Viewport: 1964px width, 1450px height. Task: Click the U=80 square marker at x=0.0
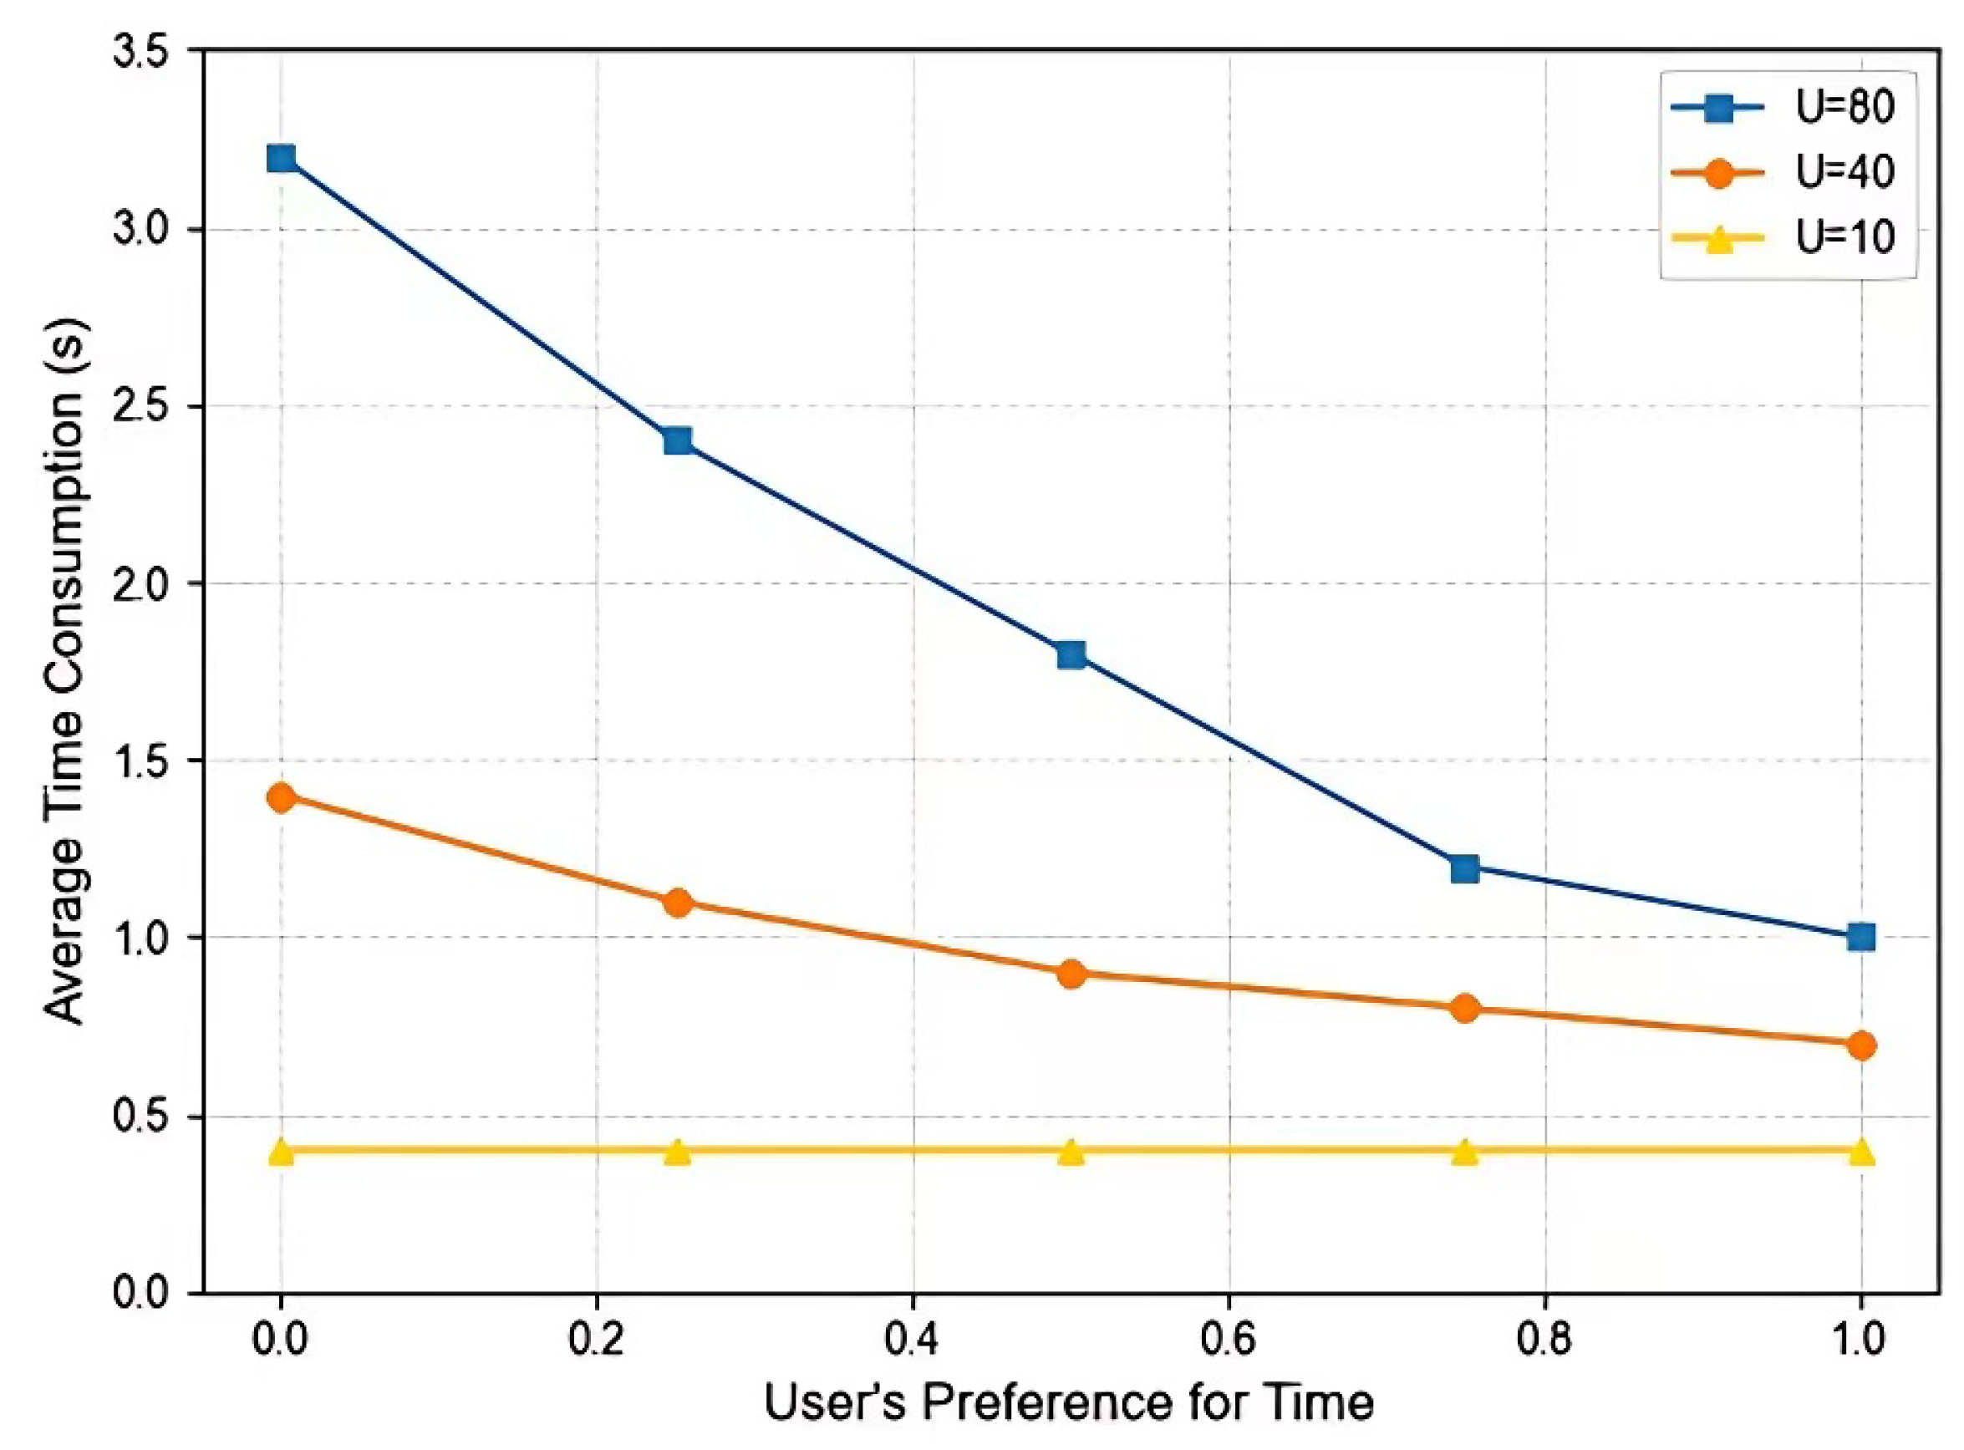click(281, 159)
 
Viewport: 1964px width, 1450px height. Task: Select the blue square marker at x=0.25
click(677, 440)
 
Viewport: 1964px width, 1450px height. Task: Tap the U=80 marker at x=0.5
click(1071, 654)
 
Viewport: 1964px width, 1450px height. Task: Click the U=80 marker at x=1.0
click(1860, 937)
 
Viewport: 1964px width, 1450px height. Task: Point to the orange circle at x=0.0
click(281, 797)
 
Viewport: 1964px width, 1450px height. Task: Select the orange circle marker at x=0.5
click(1071, 974)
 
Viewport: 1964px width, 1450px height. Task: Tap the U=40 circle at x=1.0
click(1860, 1045)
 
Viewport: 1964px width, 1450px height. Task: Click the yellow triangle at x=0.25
click(677, 1152)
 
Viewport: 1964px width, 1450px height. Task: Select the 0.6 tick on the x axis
click(1229, 1340)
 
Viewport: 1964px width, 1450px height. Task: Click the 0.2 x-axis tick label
click(597, 1340)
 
